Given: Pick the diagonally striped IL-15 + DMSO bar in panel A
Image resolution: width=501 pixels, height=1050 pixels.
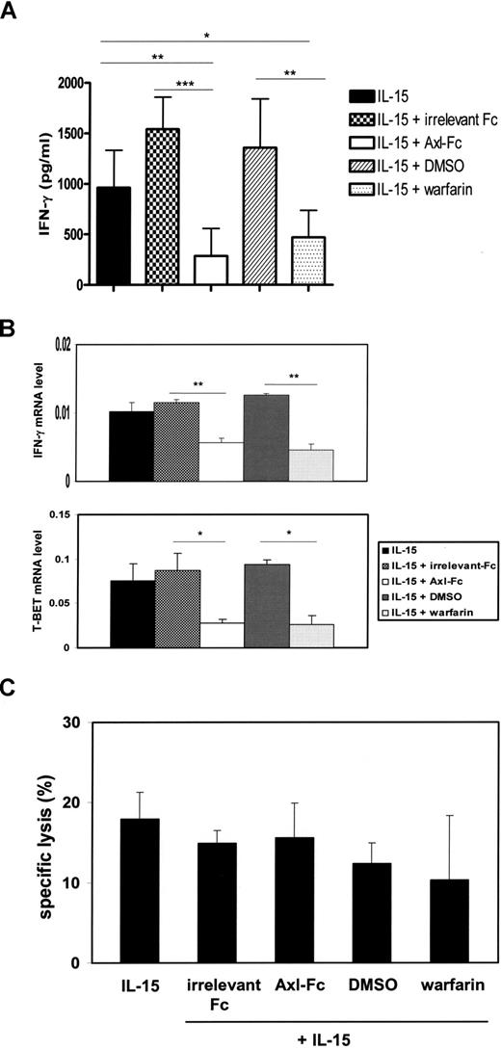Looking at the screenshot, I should tap(260, 216).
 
